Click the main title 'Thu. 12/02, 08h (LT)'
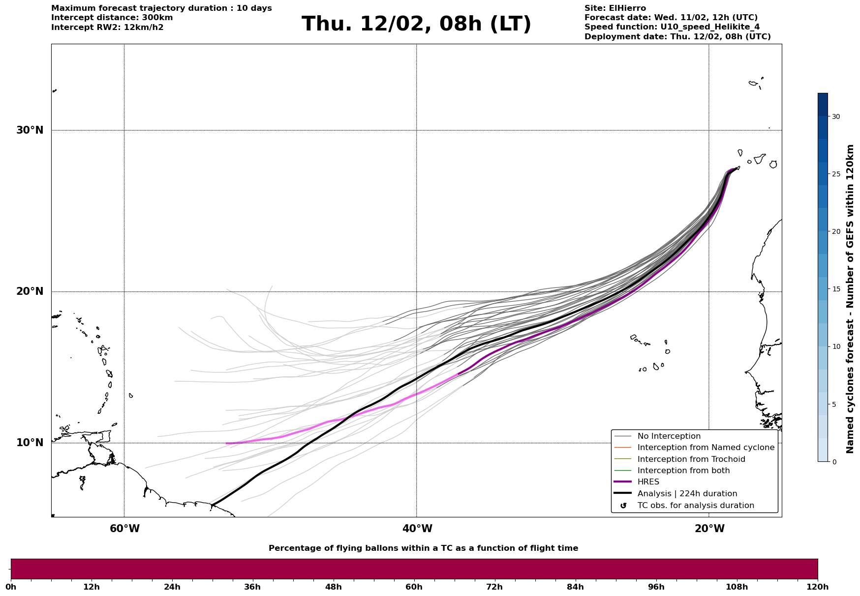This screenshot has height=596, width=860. (x=416, y=24)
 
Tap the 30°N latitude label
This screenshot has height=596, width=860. (x=30, y=130)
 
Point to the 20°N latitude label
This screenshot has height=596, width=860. (x=30, y=291)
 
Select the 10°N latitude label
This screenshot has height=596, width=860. (x=30, y=443)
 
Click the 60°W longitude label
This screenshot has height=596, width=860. (x=124, y=529)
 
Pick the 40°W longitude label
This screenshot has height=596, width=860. (x=417, y=529)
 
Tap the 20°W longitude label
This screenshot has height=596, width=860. (x=709, y=529)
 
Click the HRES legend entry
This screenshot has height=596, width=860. (x=648, y=482)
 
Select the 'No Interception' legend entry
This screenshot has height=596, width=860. (x=669, y=436)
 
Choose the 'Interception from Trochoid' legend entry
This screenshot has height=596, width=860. (x=691, y=459)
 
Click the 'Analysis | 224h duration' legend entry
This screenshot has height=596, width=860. (x=687, y=494)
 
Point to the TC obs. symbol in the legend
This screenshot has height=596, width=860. (x=623, y=506)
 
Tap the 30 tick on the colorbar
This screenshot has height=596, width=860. (x=835, y=116)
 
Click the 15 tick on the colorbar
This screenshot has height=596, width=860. (x=835, y=289)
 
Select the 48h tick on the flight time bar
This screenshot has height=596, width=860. (x=333, y=587)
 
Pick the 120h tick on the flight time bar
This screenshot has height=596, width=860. (x=818, y=587)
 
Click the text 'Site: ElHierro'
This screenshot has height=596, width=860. (x=615, y=8)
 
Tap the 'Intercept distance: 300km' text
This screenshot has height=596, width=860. (x=112, y=18)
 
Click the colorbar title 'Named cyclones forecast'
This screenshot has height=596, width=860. (x=850, y=299)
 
